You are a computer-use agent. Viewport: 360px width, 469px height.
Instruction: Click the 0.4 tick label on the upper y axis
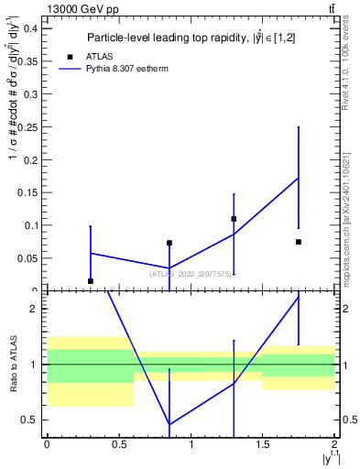point(29,27)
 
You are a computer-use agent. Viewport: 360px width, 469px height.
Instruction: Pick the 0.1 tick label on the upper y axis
point(29,225)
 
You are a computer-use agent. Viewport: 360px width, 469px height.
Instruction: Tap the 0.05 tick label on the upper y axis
point(27,258)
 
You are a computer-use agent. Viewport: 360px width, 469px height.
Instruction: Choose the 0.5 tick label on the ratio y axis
point(30,420)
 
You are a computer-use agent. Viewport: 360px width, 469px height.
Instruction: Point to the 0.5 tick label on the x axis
point(118,444)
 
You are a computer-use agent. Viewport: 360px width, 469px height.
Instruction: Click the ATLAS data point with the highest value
point(234,219)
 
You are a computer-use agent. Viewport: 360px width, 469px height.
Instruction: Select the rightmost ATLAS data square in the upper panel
point(299,242)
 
